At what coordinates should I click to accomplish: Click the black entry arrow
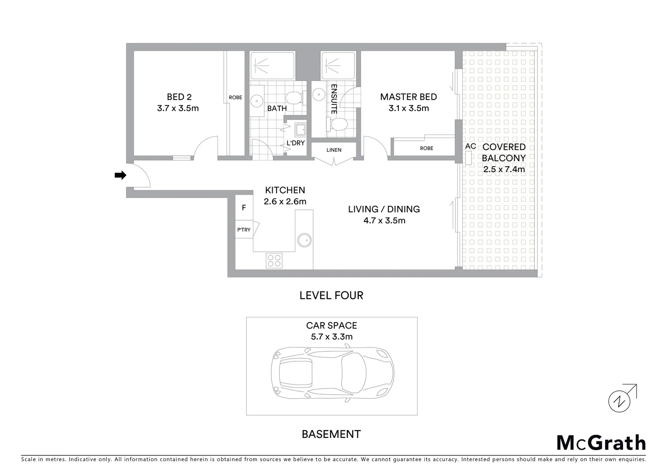(x=120, y=175)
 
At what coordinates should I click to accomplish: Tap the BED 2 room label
(x=179, y=97)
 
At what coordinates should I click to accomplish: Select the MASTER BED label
(x=408, y=97)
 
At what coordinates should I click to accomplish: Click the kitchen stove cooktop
(x=274, y=261)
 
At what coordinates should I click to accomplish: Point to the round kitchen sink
(x=304, y=240)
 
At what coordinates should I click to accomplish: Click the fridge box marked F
(x=244, y=208)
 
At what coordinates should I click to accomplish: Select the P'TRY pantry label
(x=244, y=230)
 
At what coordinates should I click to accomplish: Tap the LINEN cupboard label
(x=334, y=150)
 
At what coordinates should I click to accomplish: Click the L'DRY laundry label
(x=295, y=143)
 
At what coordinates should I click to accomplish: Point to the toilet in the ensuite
(x=337, y=125)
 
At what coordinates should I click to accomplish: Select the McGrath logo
(x=601, y=443)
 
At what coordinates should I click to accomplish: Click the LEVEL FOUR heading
(x=331, y=295)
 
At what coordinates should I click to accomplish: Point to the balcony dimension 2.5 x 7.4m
(x=504, y=170)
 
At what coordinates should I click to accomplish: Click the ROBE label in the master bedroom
(x=426, y=148)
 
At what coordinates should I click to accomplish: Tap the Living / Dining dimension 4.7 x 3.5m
(x=384, y=221)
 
